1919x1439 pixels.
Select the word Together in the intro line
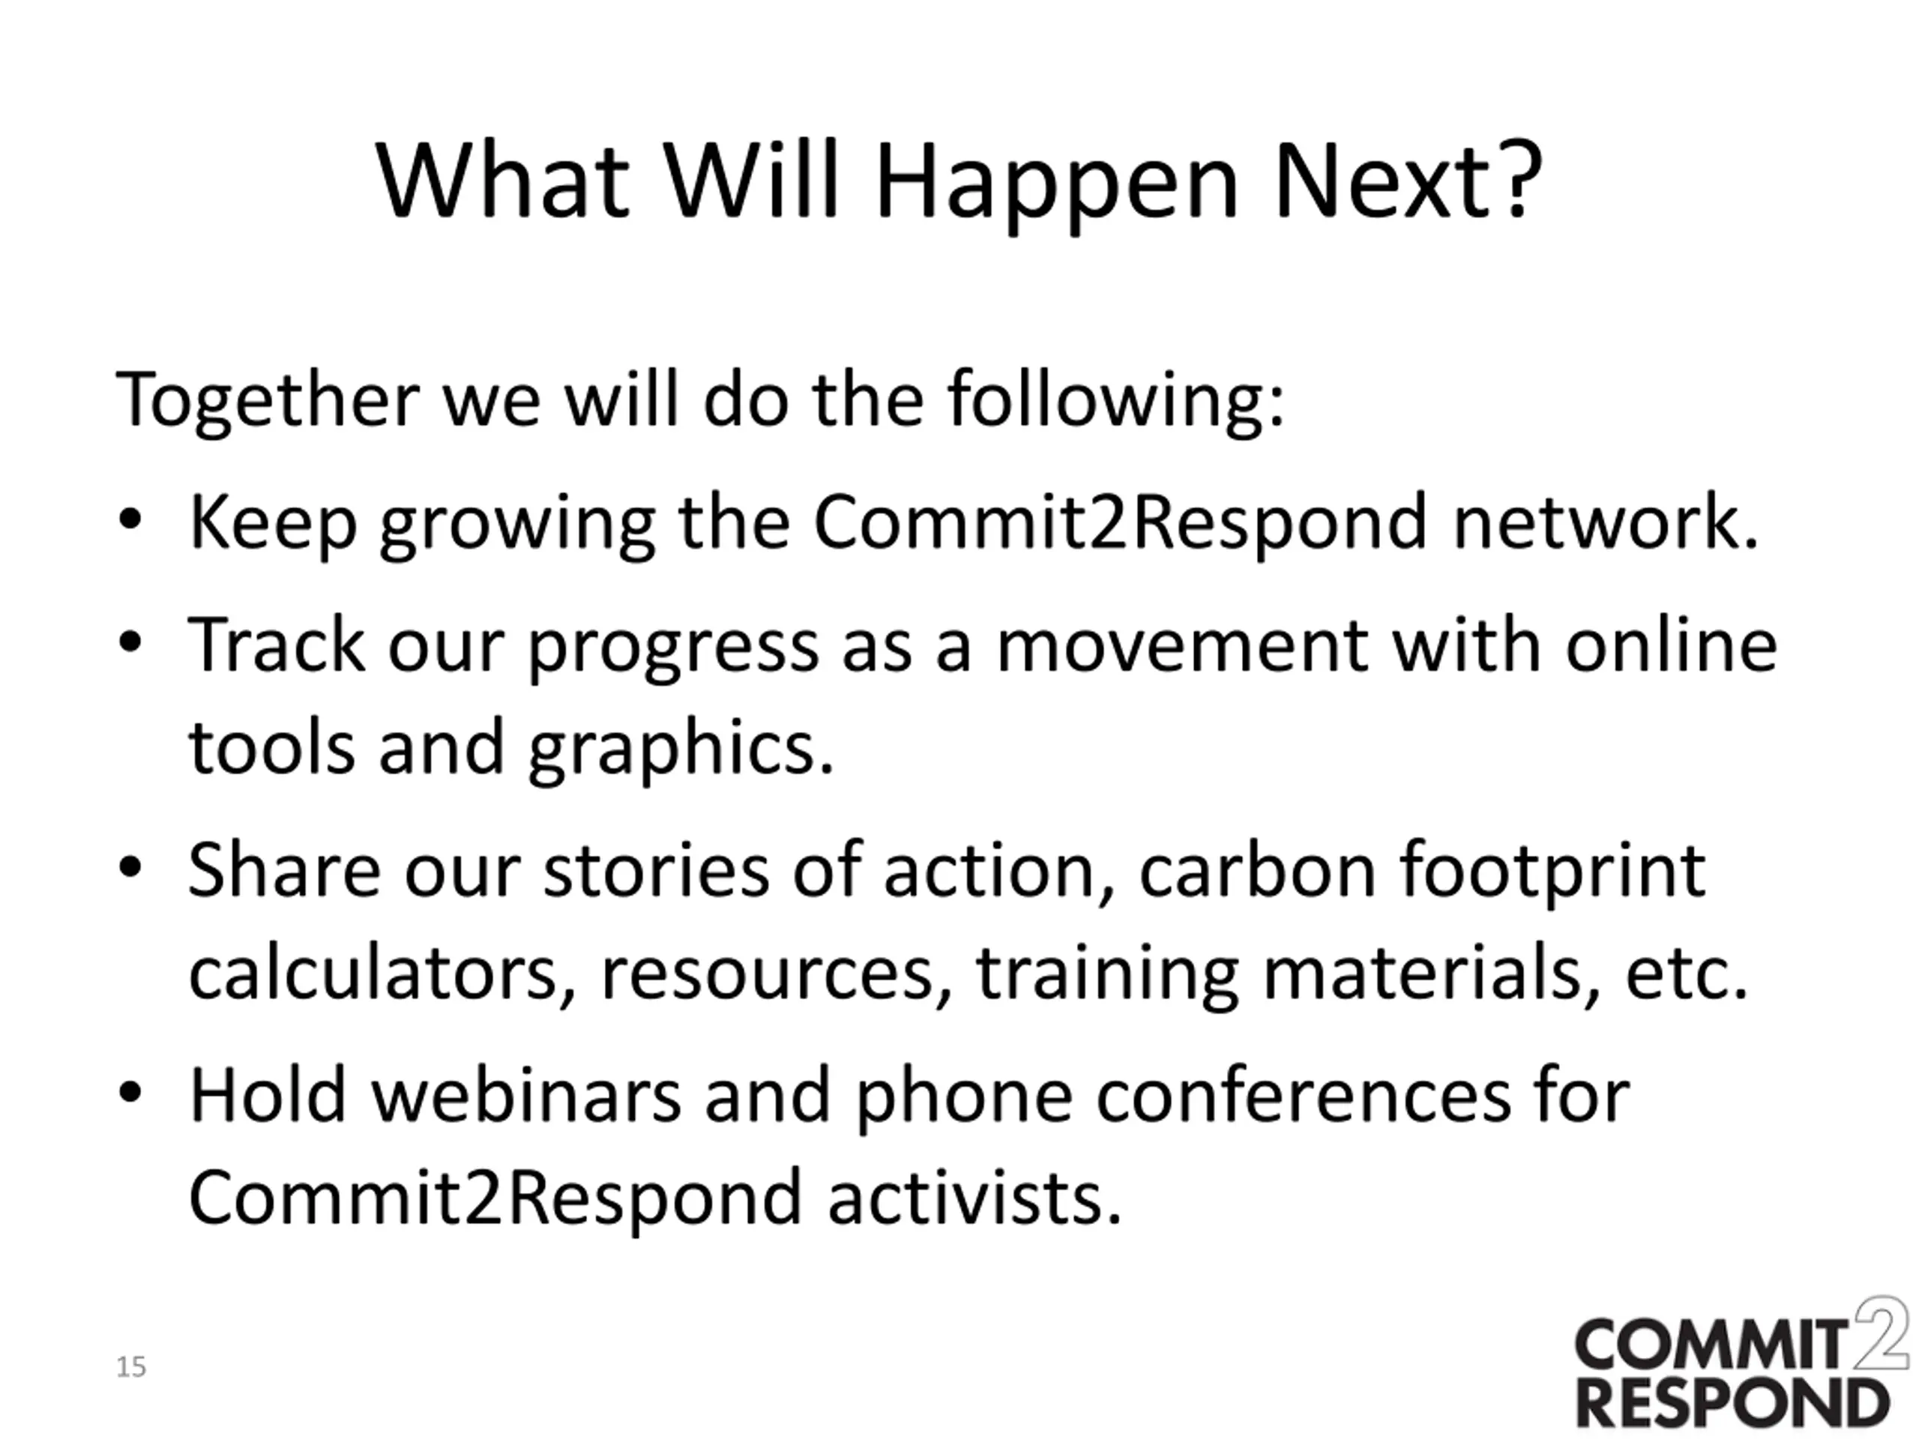[x=267, y=400]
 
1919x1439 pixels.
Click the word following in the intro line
[x=1115, y=400]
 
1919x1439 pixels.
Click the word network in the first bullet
[x=1605, y=522]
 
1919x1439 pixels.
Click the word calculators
[x=382, y=974]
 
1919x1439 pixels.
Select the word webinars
[x=526, y=1095]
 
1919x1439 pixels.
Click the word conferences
[x=1301, y=1096]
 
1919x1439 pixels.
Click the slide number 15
[x=131, y=1368]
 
